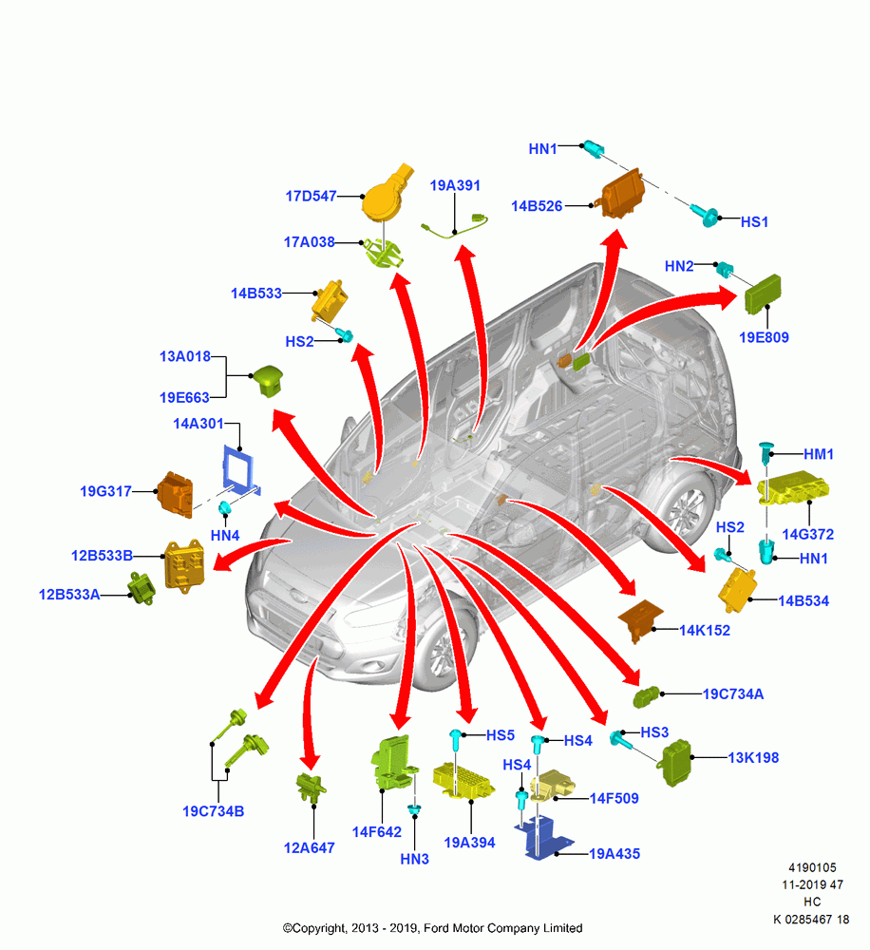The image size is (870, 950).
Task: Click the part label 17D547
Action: [311, 197]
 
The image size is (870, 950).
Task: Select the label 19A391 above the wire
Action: [455, 185]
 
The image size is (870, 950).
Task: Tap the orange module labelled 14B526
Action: [622, 194]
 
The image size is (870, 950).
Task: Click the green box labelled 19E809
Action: [763, 294]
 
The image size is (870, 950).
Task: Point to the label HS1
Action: [754, 222]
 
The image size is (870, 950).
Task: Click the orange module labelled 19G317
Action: [176, 495]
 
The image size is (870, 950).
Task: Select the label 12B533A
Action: [69, 595]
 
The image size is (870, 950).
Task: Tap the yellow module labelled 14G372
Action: [792, 487]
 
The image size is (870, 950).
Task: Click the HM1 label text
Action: [819, 454]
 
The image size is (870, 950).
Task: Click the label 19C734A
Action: [733, 694]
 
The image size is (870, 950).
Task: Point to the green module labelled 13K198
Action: [676, 763]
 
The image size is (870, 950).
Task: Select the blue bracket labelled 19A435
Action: [543, 838]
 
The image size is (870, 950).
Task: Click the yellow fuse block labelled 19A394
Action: [463, 780]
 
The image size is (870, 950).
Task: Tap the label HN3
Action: [414, 859]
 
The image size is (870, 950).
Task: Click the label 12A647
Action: [309, 848]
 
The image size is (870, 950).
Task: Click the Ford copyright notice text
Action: [432, 928]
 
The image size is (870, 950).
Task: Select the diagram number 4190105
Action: [812, 867]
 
